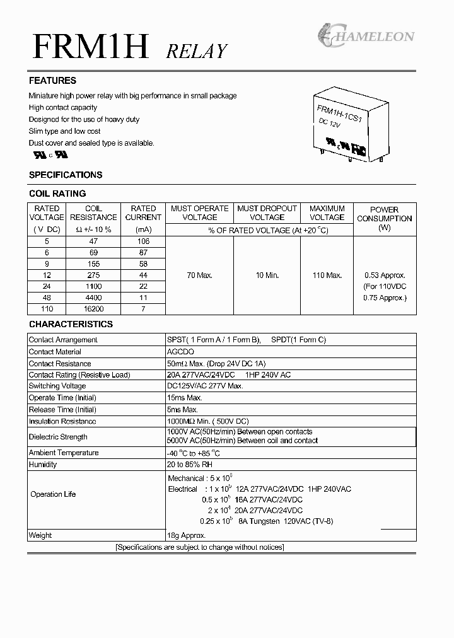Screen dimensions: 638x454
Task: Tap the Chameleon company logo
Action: pyautogui.click(x=365, y=35)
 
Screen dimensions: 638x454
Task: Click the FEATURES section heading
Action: pyautogui.click(x=52, y=81)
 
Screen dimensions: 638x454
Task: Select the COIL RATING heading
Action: pyautogui.click(x=57, y=194)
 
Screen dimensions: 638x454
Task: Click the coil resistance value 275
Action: pyautogui.click(x=93, y=275)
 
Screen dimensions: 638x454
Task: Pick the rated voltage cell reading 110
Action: pyautogui.click(x=47, y=309)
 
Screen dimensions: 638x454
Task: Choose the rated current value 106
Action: pyautogui.click(x=143, y=241)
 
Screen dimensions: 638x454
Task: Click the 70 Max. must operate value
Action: pyautogui.click(x=199, y=275)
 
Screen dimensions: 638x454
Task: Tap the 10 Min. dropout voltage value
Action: pyautogui.click(x=267, y=275)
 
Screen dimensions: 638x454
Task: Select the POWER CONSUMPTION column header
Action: pyautogui.click(x=384, y=218)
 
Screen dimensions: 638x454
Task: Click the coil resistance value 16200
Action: pyautogui.click(x=93, y=309)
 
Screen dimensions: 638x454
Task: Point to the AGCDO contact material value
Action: pyautogui.click(x=181, y=352)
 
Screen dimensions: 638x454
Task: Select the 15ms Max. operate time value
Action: pyautogui.click(x=185, y=398)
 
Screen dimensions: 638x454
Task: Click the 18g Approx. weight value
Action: pyautogui.click(x=187, y=535)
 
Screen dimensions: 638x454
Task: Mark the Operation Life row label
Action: pyautogui.click(x=53, y=494)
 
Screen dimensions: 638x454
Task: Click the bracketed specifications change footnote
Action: pyautogui.click(x=200, y=547)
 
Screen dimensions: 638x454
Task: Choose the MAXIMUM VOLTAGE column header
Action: pyautogui.click(x=327, y=213)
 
